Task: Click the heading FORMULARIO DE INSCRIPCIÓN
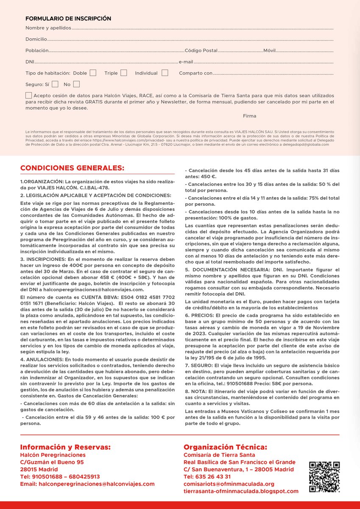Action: tap(68, 19)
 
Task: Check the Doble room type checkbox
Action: tap(93, 73)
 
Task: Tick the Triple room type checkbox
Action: tap(123, 73)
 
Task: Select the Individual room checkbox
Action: tap(165, 73)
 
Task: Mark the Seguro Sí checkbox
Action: tap(55, 84)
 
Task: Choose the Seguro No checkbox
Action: tap(76, 84)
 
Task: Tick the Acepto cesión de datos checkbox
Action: tap(28, 95)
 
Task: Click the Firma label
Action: tap(249, 116)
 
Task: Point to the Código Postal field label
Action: tap(201, 50)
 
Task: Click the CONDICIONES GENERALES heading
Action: tap(73, 168)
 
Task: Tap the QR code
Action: tap(324, 477)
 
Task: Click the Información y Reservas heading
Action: tap(65, 447)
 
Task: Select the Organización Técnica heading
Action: tap(225, 447)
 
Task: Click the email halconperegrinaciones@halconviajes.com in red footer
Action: tap(87, 484)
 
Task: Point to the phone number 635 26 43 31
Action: tap(207, 476)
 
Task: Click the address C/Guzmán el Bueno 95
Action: tap(52, 462)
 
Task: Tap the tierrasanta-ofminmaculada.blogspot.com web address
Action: tap(241, 491)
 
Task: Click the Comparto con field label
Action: tap(195, 73)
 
